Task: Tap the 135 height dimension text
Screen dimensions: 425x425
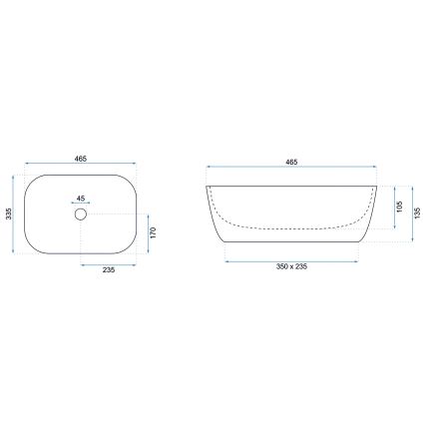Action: [417, 212]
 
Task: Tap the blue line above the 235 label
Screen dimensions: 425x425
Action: [108, 266]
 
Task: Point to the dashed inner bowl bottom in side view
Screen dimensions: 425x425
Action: [291, 225]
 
